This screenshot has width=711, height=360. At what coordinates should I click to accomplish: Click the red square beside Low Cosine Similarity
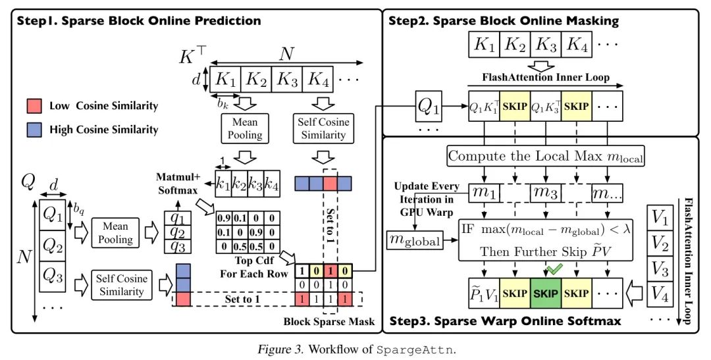click(34, 105)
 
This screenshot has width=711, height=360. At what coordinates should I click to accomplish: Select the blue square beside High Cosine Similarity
click(34, 130)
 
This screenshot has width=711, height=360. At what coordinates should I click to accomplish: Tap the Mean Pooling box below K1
click(244, 129)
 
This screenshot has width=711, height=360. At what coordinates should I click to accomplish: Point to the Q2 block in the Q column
click(52, 245)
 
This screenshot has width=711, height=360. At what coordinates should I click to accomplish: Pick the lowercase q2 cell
click(178, 231)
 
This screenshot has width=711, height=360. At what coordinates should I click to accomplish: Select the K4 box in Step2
click(578, 45)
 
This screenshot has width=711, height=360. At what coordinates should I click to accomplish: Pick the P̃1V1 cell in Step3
click(483, 294)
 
